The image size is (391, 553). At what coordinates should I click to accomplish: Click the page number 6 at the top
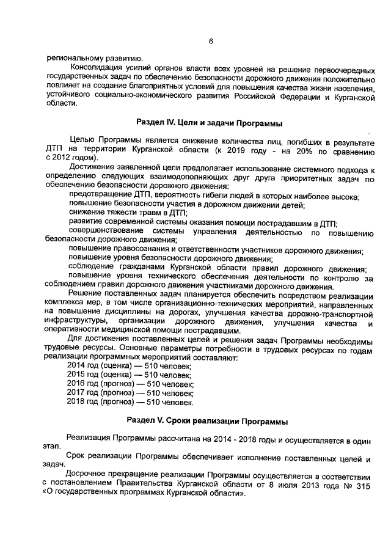(x=211, y=42)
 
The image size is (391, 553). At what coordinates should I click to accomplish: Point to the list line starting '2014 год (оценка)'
(x=130, y=365)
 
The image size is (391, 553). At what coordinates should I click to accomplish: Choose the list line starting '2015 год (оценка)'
(x=130, y=374)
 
